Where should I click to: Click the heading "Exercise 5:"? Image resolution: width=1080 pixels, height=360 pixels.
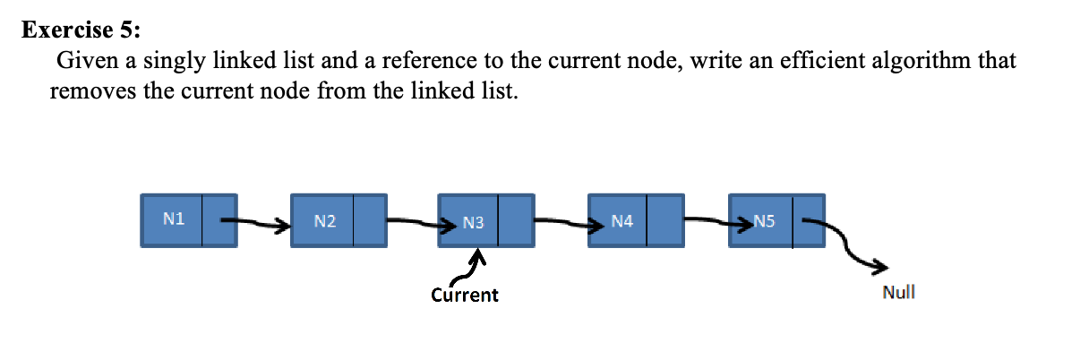pyautogui.click(x=81, y=30)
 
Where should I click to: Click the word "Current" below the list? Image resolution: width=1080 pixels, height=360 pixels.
pyautogui.click(x=464, y=295)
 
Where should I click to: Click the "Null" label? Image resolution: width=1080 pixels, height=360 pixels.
pyautogui.click(x=898, y=292)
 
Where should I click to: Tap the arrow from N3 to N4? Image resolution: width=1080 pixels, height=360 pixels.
pyautogui.click(x=560, y=220)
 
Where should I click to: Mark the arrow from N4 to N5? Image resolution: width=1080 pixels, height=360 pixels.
pyautogui.click(x=707, y=219)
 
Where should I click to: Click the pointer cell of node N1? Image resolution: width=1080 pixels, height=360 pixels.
pyautogui.click(x=219, y=220)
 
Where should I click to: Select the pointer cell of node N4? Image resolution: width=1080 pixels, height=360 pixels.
pyautogui.click(x=664, y=219)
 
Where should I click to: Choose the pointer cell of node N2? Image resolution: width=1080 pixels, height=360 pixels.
pyautogui.click(x=369, y=220)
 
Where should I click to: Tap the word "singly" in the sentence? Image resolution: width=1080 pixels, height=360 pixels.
pyautogui.click(x=176, y=63)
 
